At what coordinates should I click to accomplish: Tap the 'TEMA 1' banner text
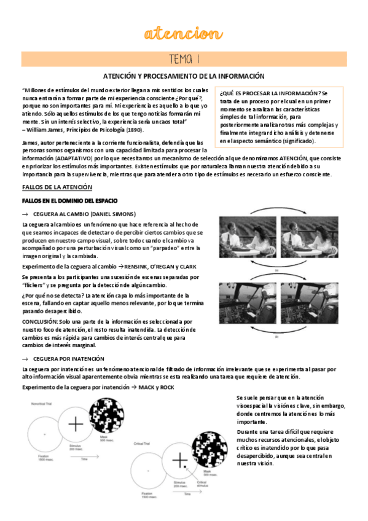tap(184, 58)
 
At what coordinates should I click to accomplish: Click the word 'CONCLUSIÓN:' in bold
tap(39, 321)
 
